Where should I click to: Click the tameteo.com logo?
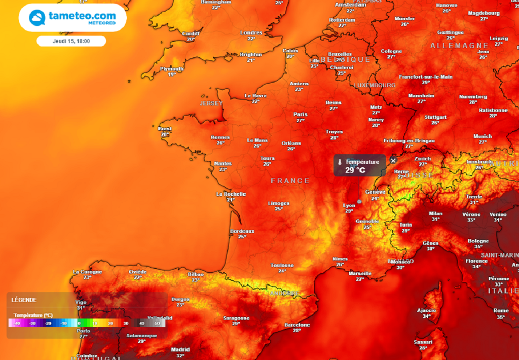(72, 18)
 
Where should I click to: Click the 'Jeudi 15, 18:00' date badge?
(71, 41)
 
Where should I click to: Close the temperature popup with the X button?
(393, 161)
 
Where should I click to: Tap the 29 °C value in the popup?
(355, 170)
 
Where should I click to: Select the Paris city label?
(301, 114)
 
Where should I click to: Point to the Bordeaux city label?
(242, 231)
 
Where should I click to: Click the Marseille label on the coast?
(360, 274)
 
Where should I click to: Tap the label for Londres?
(251, 32)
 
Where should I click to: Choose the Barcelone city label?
(297, 325)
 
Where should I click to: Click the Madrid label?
(180, 349)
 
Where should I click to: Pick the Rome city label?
(501, 310)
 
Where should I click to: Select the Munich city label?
(483, 136)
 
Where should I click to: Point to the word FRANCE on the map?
(290, 181)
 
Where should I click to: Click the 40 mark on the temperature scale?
(142, 323)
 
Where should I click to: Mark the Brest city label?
(165, 129)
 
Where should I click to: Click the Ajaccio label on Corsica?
(426, 310)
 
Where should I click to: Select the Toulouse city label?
(282, 265)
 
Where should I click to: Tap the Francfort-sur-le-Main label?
(426, 77)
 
